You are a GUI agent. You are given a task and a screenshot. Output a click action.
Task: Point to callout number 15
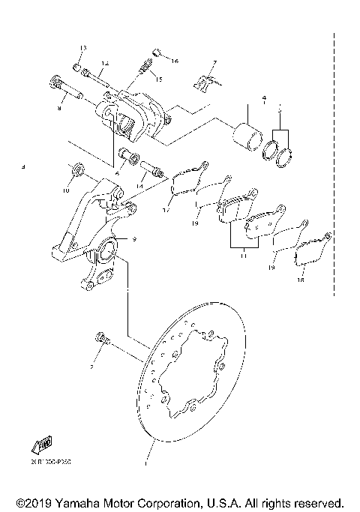tap(158, 79)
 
